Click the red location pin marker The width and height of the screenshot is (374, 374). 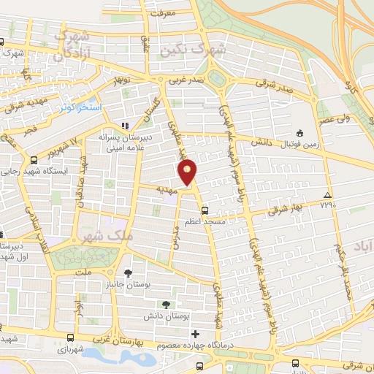[188, 172]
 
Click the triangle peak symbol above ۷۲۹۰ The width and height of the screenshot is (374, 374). [328, 195]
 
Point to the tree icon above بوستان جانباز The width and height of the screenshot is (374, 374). [129, 272]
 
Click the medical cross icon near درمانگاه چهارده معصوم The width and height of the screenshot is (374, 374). [194, 334]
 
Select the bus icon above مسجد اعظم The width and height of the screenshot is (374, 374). [205, 208]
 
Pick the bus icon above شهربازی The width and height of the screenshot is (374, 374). [70, 337]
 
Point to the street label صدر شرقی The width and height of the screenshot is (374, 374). [277, 86]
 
